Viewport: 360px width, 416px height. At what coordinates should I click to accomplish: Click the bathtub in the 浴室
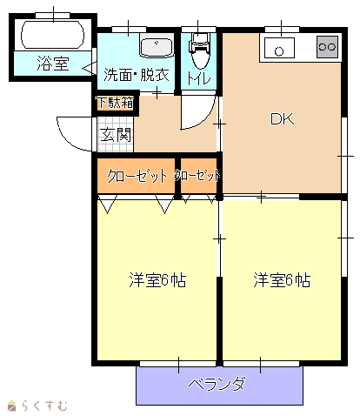coord(53,35)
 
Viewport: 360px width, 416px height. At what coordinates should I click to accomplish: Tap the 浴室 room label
coord(53,64)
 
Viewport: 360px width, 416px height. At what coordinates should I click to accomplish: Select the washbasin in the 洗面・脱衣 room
coord(157,46)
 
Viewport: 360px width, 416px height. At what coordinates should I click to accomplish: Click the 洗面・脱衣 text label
coord(137,75)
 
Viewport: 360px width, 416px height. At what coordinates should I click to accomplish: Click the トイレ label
coord(199,77)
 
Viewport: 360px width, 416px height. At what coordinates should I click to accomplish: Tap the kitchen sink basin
coord(279,48)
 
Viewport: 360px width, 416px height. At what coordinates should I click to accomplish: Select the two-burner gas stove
coord(327,47)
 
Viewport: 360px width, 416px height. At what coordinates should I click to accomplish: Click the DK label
coord(282,119)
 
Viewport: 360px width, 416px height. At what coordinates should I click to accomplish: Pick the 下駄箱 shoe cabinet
coord(116,103)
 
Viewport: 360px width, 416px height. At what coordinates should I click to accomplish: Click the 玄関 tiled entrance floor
coord(116,134)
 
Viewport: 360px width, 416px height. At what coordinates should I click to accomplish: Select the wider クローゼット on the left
coord(136,176)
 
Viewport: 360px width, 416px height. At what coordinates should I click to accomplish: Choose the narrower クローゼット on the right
coord(198,176)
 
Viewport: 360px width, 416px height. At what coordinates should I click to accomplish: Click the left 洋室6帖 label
coord(157,280)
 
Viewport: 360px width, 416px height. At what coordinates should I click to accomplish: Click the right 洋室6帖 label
coord(282,280)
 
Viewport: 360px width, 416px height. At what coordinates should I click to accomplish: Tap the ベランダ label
coord(217,384)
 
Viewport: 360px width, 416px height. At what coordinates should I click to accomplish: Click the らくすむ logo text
coord(44,406)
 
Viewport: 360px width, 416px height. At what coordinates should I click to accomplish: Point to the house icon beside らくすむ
coord(12,406)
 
